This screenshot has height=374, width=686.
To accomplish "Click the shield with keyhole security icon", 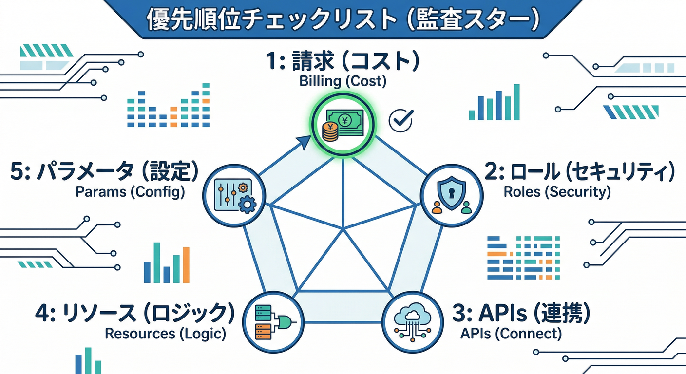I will (452, 195).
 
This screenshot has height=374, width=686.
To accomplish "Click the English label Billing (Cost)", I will (343, 81).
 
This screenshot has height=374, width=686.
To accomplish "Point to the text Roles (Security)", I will (557, 191).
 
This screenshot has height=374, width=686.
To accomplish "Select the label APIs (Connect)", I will (511, 334).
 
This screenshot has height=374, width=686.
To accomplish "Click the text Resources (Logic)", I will (166, 334).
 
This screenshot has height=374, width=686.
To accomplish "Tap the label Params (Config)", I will (130, 191).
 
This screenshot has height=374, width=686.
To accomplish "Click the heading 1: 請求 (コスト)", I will (343, 62).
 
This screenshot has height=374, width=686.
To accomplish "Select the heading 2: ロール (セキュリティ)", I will (580, 173).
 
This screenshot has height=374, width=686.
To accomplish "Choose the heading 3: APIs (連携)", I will (521, 314).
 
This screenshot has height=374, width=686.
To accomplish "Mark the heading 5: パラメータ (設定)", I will (104, 173).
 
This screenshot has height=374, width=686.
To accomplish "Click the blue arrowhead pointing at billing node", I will (303, 142).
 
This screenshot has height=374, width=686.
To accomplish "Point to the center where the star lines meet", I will (343, 228).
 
